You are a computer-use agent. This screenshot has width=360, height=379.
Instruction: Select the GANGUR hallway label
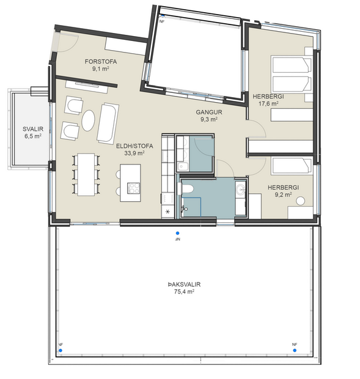pyautogui.click(x=209, y=112)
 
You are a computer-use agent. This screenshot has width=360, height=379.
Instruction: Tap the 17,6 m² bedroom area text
pyautogui.click(x=268, y=104)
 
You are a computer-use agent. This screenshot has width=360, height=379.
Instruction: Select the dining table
pyautogui.click(x=86, y=174)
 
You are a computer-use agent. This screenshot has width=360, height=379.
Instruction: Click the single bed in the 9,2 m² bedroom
pyautogui.click(x=290, y=166)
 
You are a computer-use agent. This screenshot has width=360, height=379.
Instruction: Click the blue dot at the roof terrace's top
pyautogui.click(x=177, y=233)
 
